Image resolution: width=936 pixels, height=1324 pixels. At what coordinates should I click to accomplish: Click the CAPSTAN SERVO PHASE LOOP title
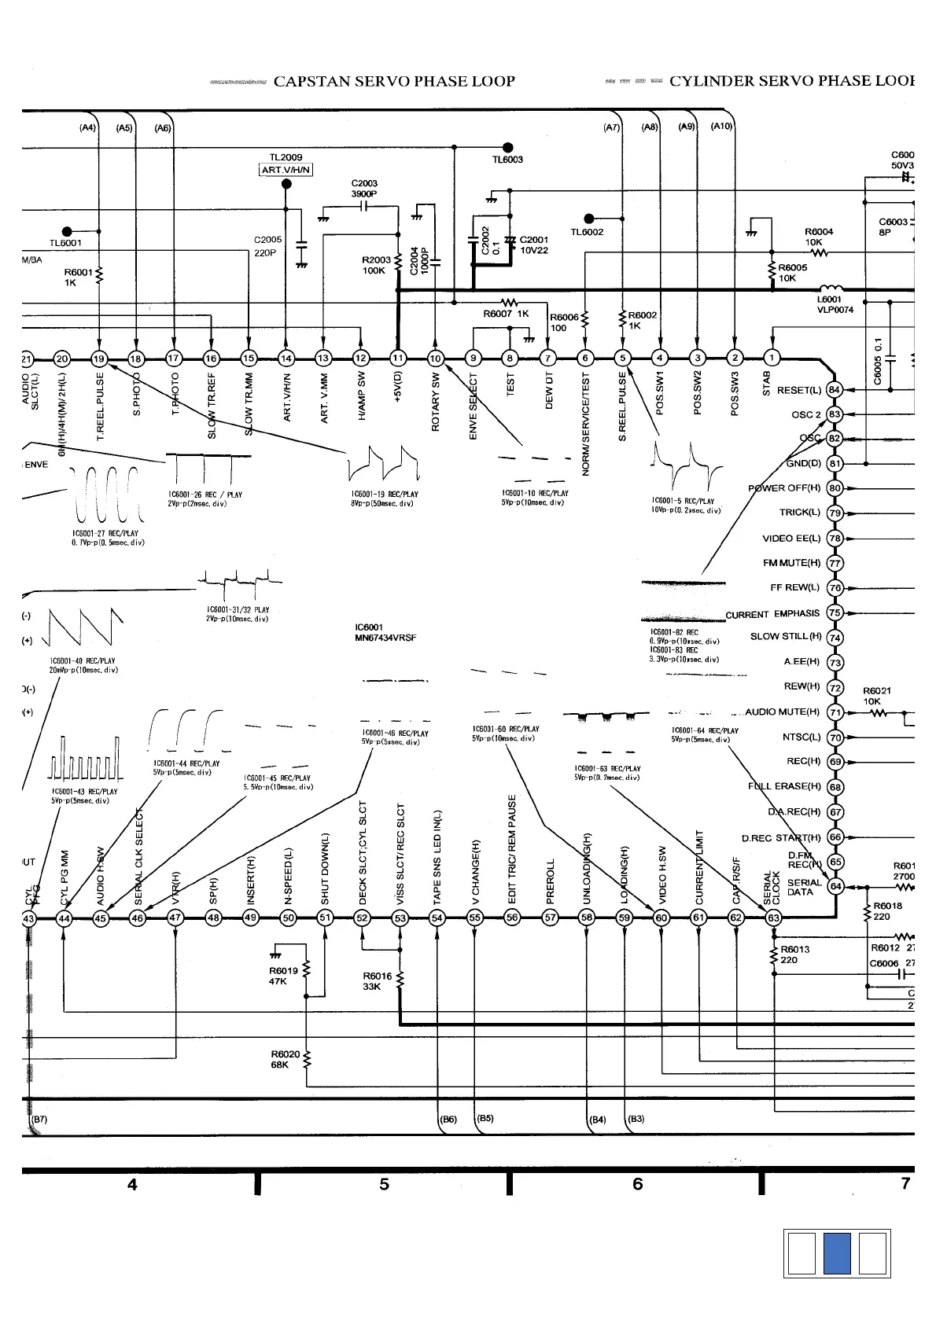[x=394, y=82]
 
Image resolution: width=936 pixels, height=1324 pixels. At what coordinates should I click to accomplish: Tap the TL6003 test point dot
[x=508, y=147]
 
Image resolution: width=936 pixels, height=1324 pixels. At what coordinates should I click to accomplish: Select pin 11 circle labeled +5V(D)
[x=399, y=359]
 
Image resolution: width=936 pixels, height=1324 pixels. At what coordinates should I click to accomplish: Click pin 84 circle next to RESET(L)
[x=835, y=390]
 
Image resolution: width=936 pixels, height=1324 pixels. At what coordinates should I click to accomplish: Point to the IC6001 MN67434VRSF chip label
[x=385, y=633]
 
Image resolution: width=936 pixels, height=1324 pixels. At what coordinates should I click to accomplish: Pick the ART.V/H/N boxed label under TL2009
[x=286, y=170]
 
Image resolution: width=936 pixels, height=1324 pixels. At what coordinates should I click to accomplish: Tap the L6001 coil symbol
[x=831, y=289]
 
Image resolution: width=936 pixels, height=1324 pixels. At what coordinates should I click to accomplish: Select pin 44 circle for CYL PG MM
[x=64, y=918]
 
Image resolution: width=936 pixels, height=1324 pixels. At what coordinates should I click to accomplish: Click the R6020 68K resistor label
[x=286, y=1059]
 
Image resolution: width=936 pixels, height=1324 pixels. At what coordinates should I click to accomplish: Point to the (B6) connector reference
[x=448, y=1120]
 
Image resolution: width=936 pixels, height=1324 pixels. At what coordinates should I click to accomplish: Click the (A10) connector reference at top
[x=721, y=127]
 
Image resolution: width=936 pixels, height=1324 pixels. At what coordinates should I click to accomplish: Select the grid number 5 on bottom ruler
[x=384, y=1184]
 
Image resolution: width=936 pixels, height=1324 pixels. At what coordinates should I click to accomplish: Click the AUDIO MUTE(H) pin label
[x=782, y=712]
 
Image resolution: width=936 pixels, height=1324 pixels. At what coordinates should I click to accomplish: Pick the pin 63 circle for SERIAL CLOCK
[x=774, y=918]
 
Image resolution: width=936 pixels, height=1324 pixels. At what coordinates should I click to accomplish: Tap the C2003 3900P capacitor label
[x=364, y=189]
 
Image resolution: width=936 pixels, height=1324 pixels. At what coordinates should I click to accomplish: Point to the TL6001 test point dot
[x=67, y=231]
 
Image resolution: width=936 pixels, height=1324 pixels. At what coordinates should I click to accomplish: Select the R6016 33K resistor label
[x=377, y=981]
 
